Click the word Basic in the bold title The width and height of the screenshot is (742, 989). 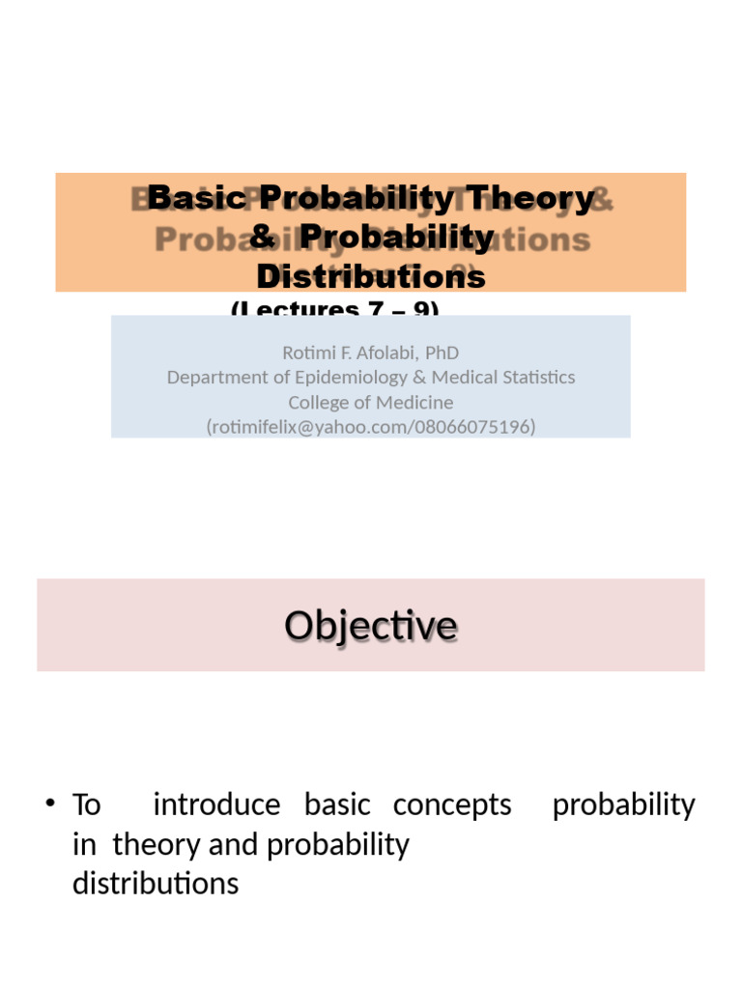pos(198,198)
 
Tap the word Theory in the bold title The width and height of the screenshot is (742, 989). pos(529,198)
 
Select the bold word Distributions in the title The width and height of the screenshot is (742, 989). pos(371,277)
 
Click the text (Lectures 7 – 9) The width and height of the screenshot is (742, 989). pos(334,309)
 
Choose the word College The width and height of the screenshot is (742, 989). pos(317,402)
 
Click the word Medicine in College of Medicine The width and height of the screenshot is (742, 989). pos(414,402)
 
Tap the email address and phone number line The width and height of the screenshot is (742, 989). pos(371,426)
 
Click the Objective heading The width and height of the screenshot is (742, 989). pos(371,626)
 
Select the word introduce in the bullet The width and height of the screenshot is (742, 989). pos(216,805)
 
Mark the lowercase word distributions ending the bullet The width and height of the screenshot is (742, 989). pos(156,884)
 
